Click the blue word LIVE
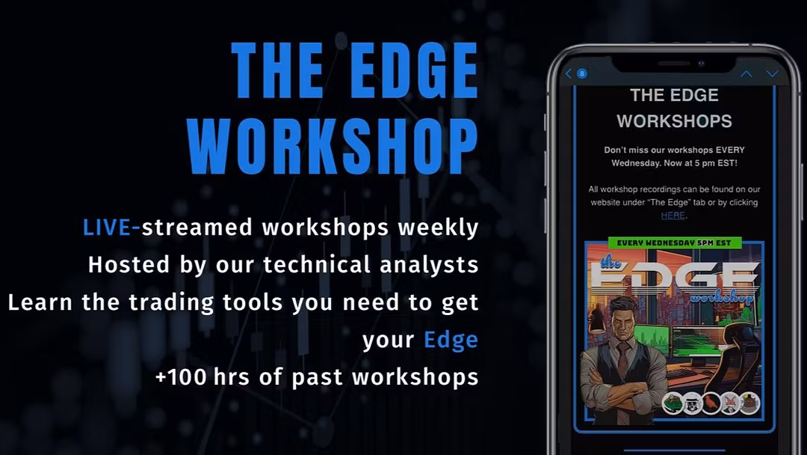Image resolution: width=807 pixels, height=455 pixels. point(107,227)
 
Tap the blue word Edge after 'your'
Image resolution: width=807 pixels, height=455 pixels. point(451,341)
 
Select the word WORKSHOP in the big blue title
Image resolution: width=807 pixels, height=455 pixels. point(333,147)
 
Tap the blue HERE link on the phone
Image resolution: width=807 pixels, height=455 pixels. point(673,216)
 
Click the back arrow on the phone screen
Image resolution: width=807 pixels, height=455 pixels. point(568,73)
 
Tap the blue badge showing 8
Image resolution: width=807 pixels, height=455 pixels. point(581,73)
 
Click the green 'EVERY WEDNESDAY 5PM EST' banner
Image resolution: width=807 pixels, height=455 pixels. point(674,242)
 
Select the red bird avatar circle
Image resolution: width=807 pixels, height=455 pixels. point(711,403)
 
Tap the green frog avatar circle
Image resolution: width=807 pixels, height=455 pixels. point(672,403)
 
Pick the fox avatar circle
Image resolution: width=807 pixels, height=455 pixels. point(730,403)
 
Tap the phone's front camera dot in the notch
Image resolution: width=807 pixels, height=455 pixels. point(701,64)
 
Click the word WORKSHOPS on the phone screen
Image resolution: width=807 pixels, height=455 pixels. point(674,121)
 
